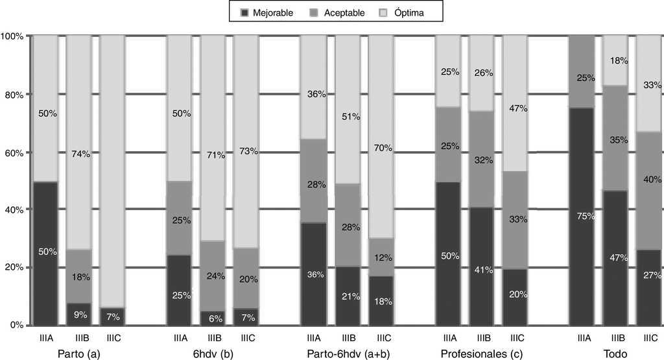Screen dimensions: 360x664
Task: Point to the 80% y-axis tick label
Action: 13,95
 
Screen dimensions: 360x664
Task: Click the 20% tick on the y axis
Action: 13,267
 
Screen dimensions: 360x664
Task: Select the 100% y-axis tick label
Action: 12,36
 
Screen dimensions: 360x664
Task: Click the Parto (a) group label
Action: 78,354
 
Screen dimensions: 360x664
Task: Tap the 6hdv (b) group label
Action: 212,354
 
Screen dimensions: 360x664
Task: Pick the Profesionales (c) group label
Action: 481,354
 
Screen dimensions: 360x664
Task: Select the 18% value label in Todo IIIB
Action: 618,60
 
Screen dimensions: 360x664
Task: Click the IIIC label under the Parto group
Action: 112,337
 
